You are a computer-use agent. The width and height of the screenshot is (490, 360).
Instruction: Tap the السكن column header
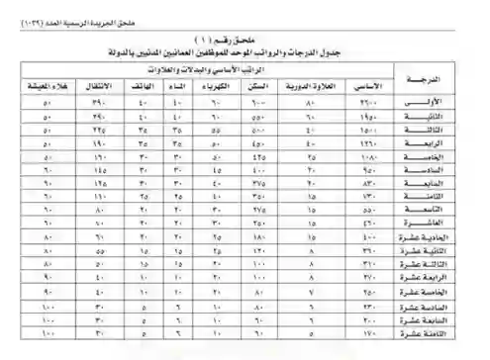coord(262,86)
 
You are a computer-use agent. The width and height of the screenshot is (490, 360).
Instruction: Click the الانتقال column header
coord(99,86)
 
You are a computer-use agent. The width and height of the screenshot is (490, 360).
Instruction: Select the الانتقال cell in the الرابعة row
coord(99,142)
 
